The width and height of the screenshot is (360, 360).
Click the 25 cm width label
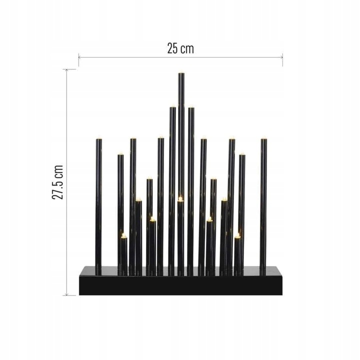[180, 48]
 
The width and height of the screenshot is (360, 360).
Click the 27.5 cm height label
[58, 182]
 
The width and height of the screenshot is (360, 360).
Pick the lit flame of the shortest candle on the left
[123, 234]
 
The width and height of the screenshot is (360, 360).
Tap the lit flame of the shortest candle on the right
[237, 235]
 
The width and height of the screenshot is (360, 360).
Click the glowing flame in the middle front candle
[180, 199]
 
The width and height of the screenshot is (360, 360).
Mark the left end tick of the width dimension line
[79, 59]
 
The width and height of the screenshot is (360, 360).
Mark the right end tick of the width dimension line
[282, 59]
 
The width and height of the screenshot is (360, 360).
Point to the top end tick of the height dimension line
[70, 69]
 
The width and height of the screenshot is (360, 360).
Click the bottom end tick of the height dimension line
[70, 295]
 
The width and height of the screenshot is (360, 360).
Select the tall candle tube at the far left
[98, 205]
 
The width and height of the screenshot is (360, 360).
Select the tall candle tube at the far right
[263, 205]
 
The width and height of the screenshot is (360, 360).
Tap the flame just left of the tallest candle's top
[172, 106]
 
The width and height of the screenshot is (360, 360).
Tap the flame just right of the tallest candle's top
[191, 106]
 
